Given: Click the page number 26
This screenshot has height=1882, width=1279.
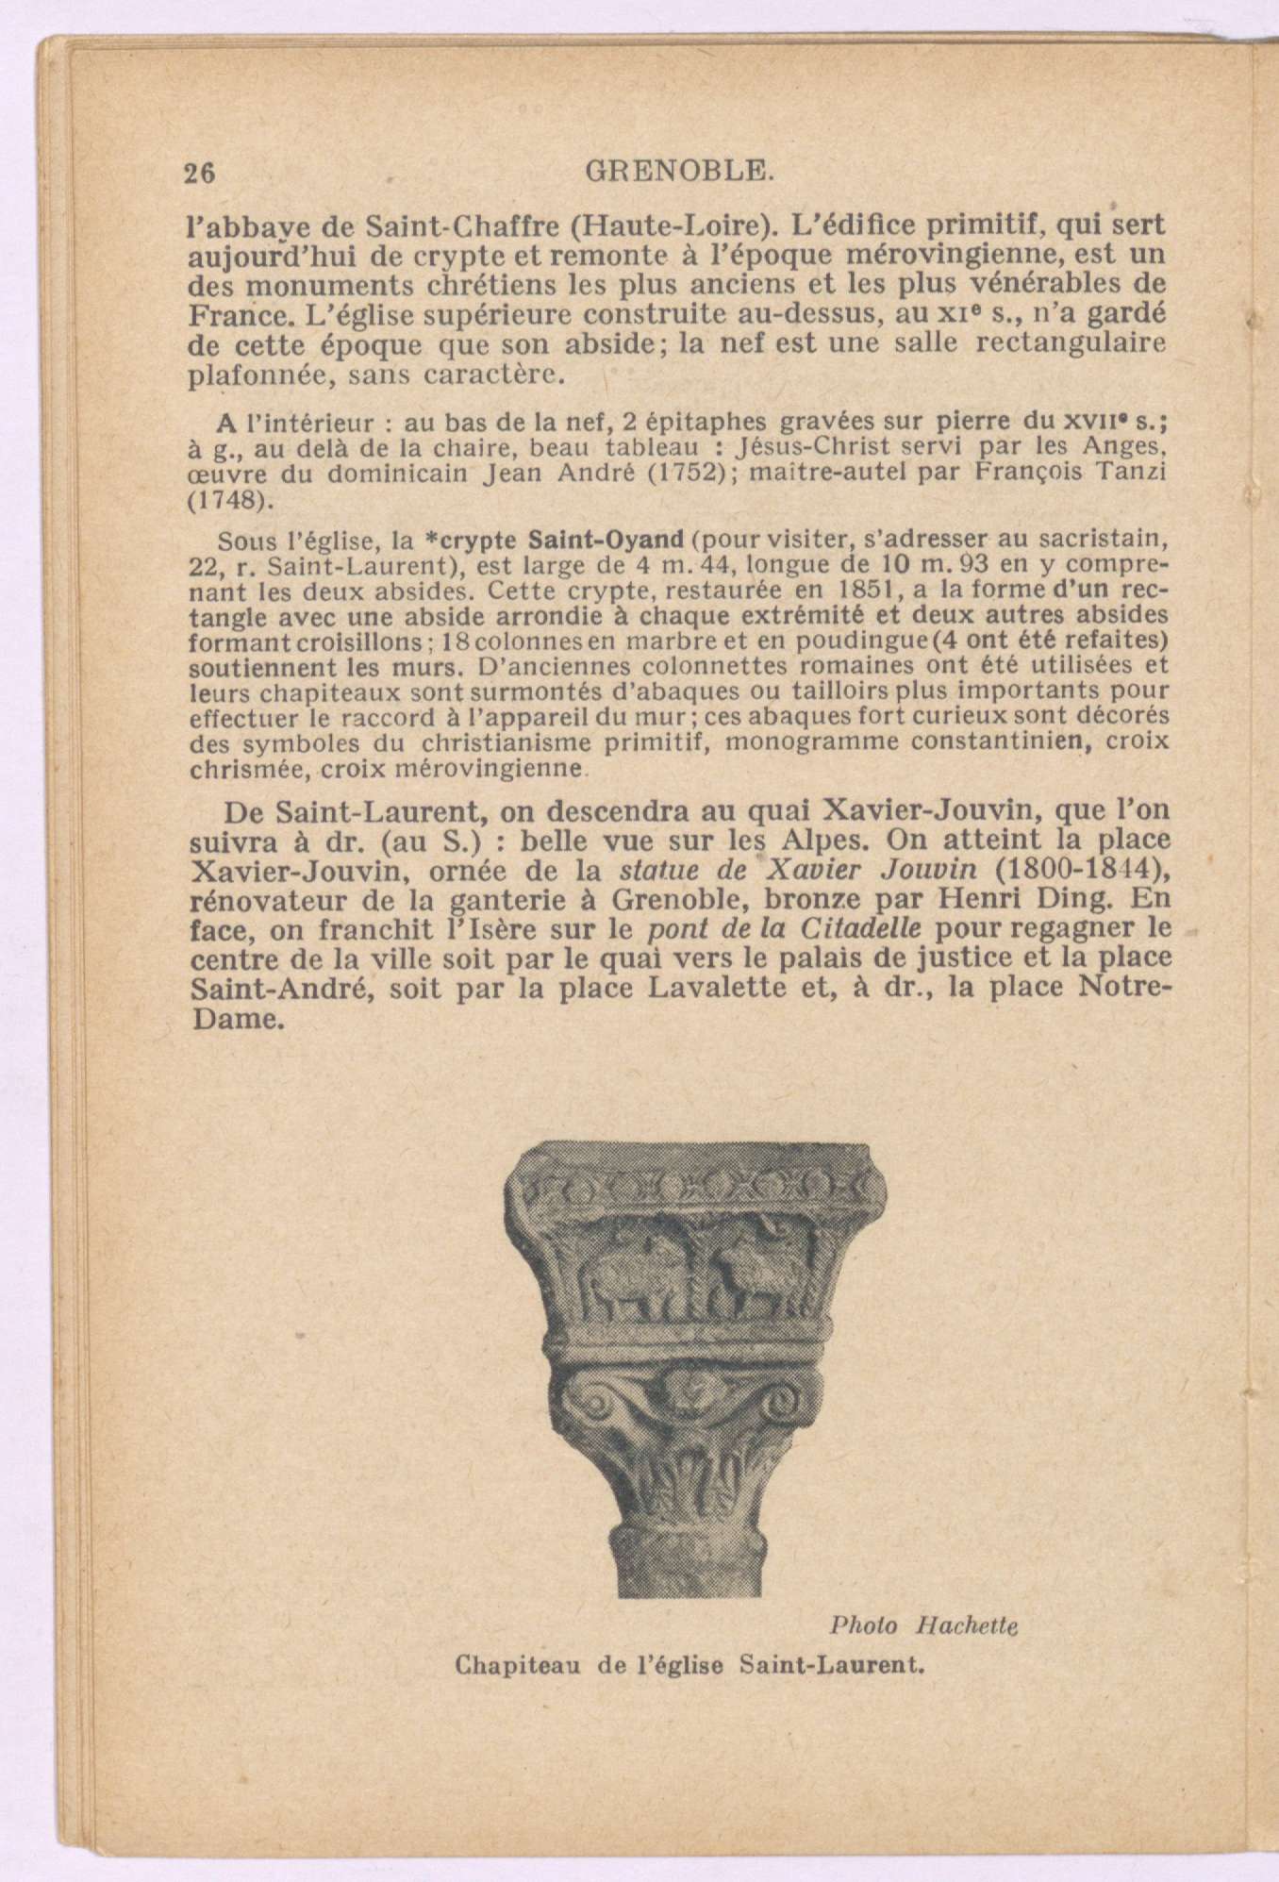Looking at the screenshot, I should click(200, 173).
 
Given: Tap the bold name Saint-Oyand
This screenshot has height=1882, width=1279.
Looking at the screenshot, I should click(605, 541).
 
